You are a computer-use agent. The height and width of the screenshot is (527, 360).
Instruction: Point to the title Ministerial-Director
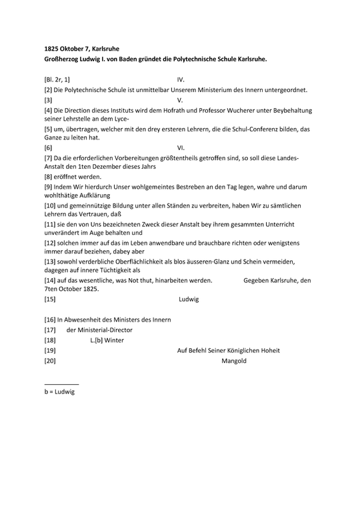coord(100,330)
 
